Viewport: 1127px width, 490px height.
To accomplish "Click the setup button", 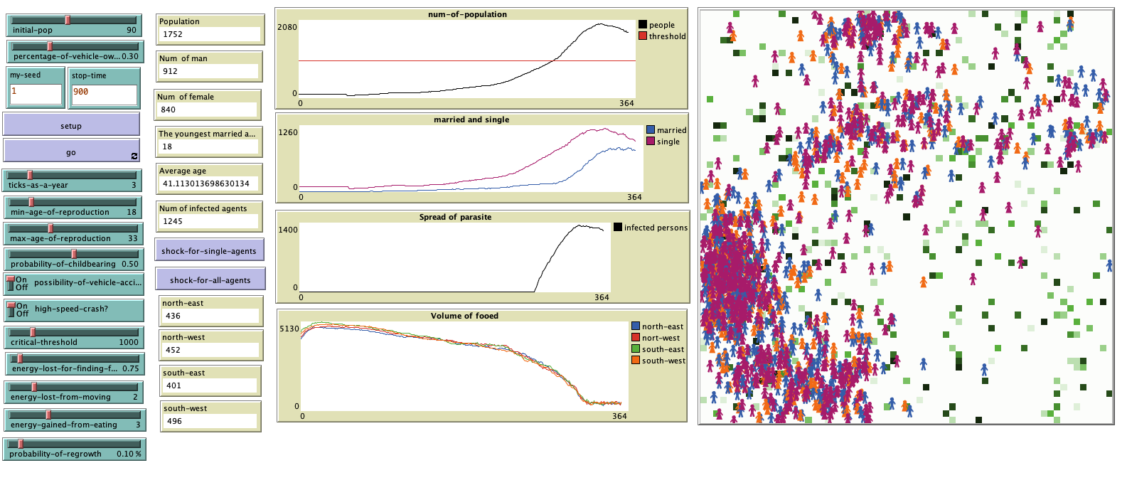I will [x=71, y=125].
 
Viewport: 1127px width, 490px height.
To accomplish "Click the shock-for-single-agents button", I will [x=209, y=250].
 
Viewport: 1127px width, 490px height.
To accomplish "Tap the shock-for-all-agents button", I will [x=210, y=279].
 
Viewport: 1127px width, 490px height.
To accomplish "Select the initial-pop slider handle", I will [x=68, y=20].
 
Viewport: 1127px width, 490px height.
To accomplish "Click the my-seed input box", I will [x=36, y=93].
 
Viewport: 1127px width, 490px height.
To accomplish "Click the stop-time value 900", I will [x=81, y=92].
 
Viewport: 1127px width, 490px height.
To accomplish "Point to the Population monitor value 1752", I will [x=173, y=34].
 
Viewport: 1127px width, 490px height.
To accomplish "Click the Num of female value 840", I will [x=169, y=110].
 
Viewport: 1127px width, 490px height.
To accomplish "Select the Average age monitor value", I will [x=205, y=183].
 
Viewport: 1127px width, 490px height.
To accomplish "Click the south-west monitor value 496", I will [x=174, y=421].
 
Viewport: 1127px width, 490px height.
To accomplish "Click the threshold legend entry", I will [x=667, y=36].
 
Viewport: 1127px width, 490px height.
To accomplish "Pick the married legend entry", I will [x=671, y=130].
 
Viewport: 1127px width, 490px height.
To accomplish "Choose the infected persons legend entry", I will [x=656, y=228].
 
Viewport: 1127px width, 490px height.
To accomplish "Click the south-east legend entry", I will [x=663, y=349].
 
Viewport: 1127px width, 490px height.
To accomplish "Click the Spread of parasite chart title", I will [x=455, y=217].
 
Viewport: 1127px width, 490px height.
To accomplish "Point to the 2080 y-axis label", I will [x=287, y=27].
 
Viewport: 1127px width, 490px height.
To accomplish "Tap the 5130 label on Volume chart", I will [x=289, y=329].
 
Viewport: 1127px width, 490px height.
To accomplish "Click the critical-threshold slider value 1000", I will [x=129, y=342].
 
